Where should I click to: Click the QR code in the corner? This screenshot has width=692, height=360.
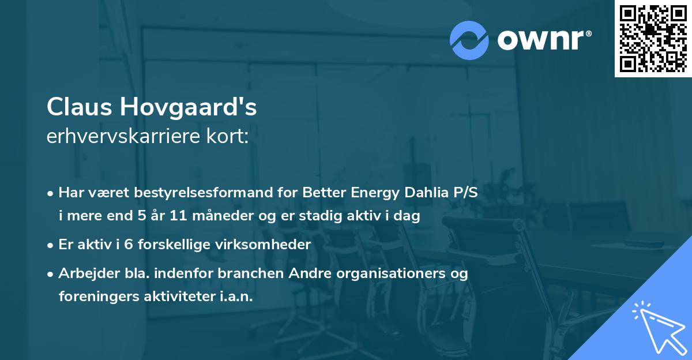click(653, 39)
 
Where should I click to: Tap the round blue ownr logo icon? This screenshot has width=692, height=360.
click(469, 40)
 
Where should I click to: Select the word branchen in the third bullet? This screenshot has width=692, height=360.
click(257, 273)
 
